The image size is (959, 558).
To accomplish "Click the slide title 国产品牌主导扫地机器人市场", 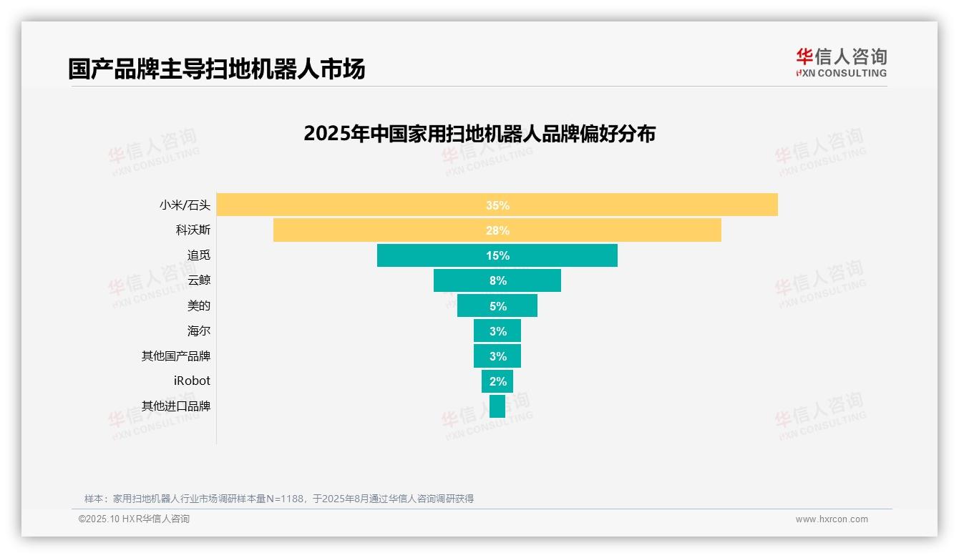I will click(216, 69).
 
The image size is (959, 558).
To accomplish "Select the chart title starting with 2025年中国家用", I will click(479, 134).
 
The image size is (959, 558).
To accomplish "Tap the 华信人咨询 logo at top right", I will click(841, 63).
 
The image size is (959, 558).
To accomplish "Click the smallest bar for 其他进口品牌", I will click(497, 406).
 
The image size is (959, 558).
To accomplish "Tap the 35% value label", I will click(497, 205).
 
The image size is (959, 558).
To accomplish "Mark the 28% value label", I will click(497, 230).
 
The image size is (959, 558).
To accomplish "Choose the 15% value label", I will click(497, 255).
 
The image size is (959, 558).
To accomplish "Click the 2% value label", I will click(497, 381).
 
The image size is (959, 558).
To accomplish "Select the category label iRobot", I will click(192, 381).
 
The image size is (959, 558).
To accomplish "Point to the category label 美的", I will click(199, 305).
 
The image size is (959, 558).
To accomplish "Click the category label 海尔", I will click(199, 331).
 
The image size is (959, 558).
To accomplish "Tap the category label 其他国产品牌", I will click(176, 356).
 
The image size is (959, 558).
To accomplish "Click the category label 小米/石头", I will click(185, 205).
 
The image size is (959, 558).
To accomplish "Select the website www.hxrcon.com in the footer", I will click(832, 519).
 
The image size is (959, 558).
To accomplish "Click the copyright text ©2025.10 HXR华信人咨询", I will click(134, 519).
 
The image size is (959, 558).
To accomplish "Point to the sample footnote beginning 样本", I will click(279, 499).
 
